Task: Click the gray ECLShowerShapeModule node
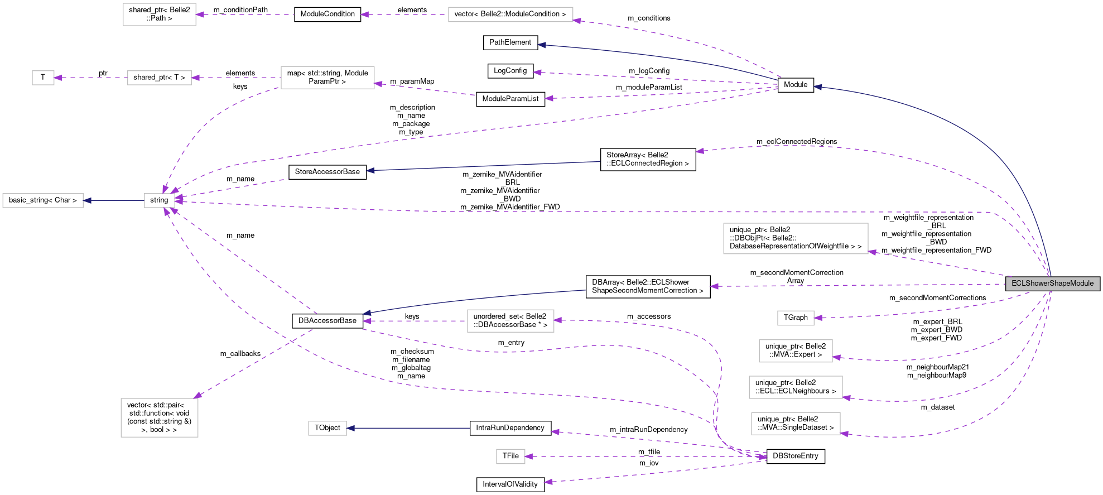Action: [1052, 283]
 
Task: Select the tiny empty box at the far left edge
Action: [43, 78]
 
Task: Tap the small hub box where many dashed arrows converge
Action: [159, 200]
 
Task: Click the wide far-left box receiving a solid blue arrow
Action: [43, 200]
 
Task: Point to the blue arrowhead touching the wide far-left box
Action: [87, 200]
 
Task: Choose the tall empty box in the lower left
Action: [160, 417]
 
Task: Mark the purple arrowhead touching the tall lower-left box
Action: [198, 396]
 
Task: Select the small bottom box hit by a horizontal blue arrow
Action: [327, 428]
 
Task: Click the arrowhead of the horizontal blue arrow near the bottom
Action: [350, 428]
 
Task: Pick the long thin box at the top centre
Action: [510, 15]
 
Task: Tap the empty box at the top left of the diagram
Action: [160, 15]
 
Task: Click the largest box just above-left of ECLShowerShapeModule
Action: [796, 238]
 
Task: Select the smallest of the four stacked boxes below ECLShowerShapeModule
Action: [796, 318]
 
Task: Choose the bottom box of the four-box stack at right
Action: [796, 424]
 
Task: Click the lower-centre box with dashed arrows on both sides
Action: [510, 321]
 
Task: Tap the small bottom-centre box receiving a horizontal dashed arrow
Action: [510, 456]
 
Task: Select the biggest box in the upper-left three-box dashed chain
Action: [327, 78]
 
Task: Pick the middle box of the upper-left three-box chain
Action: [160, 78]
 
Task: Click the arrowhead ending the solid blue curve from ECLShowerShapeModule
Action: [817, 87]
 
